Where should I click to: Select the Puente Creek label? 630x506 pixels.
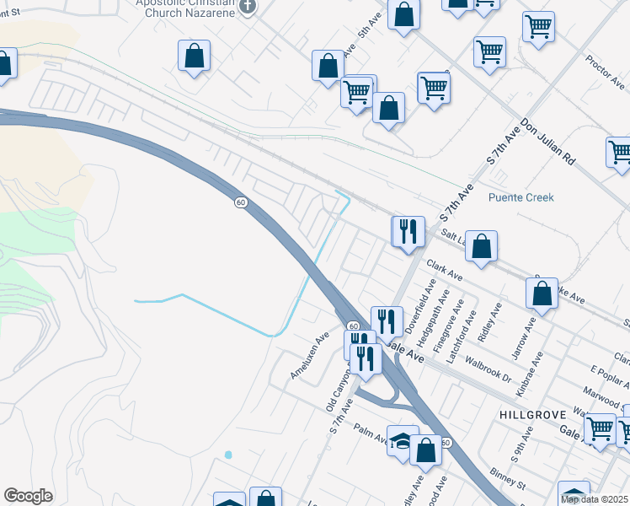(521, 197)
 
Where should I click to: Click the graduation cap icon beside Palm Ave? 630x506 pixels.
(403, 440)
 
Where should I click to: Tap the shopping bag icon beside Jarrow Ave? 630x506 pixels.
(542, 293)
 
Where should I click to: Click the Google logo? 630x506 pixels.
(28, 496)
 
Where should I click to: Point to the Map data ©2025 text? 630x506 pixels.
(594, 499)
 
